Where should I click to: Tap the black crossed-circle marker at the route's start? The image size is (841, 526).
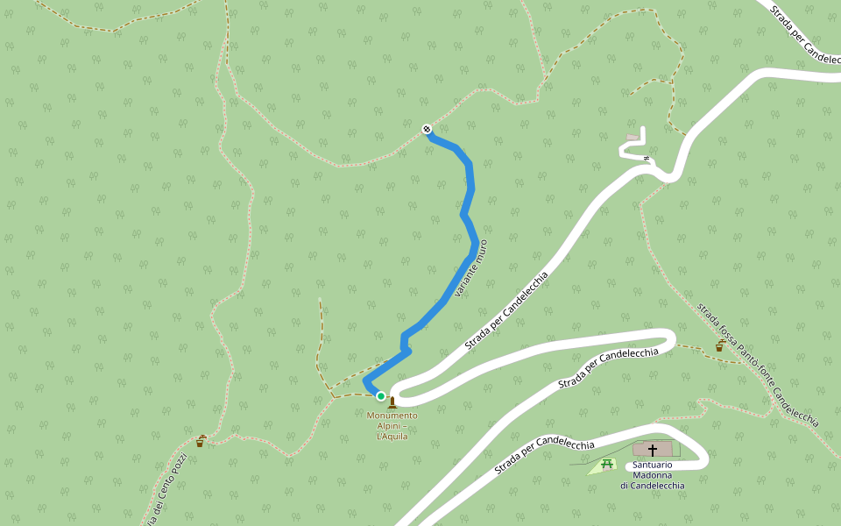pyautogui.click(x=427, y=130)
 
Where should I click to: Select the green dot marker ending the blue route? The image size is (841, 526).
pyautogui.click(x=381, y=396)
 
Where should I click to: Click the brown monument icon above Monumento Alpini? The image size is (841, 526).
pyautogui.click(x=392, y=403)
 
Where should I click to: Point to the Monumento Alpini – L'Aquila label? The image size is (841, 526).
pyautogui.click(x=392, y=425)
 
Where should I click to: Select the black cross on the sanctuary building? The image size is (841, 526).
pyautogui.click(x=652, y=450)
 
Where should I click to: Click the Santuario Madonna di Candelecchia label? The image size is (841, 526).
pyautogui.click(x=653, y=474)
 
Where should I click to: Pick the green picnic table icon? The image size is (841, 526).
pyautogui.click(x=606, y=463)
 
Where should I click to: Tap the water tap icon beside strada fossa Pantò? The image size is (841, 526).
pyautogui.click(x=720, y=345)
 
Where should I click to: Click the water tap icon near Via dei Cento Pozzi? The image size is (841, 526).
pyautogui.click(x=200, y=440)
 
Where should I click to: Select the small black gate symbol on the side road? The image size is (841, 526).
pyautogui.click(x=647, y=158)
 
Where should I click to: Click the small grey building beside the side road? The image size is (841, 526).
pyautogui.click(x=633, y=138)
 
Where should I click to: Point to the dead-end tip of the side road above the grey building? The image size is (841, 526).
pyautogui.click(x=643, y=129)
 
